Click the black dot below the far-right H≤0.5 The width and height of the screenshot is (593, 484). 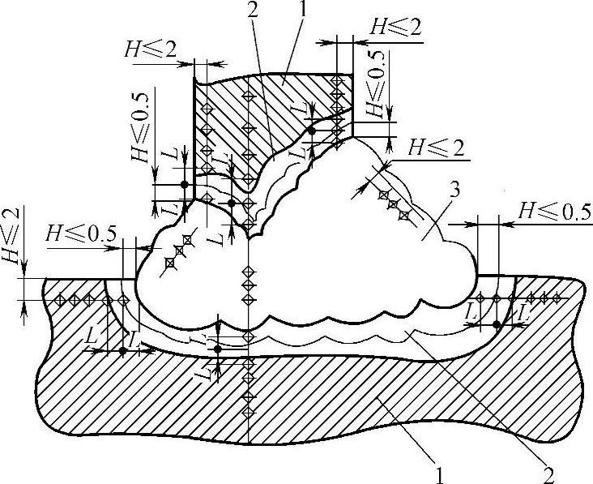coord(496,324)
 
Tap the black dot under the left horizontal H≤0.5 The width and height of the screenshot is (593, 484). coord(122,350)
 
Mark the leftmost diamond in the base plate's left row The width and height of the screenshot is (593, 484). coord(58,300)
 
